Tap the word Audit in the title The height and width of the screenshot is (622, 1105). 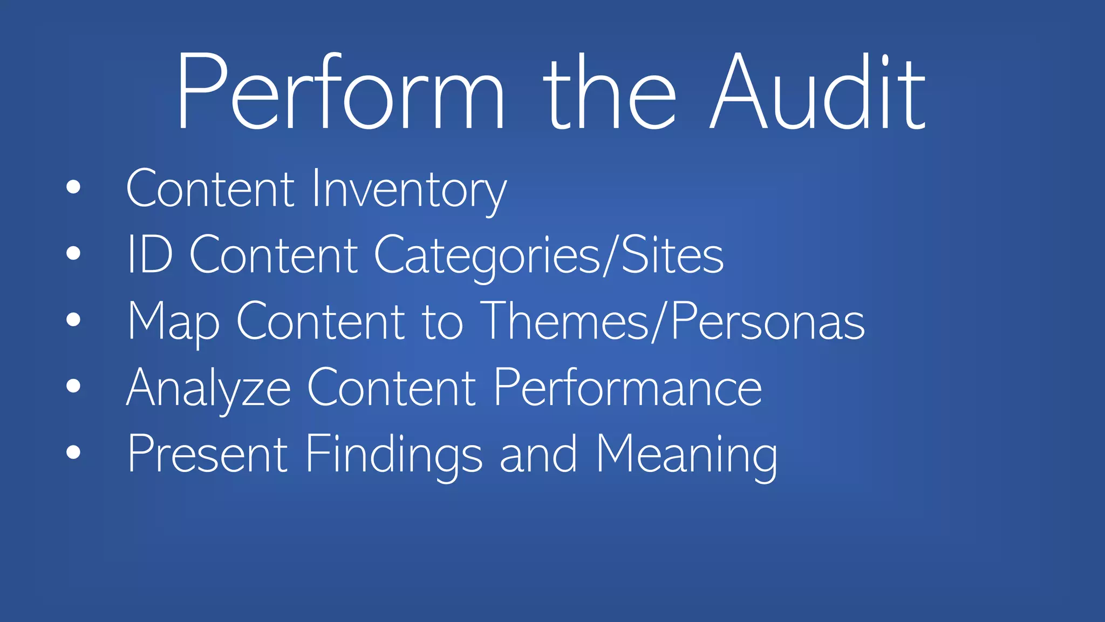pyautogui.click(x=818, y=92)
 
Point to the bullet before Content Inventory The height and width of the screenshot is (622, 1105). pyautogui.click(x=73, y=187)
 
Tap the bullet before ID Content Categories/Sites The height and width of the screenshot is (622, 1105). pyautogui.click(x=73, y=253)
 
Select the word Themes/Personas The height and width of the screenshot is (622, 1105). pyautogui.click(x=672, y=322)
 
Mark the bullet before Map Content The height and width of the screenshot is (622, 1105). pyautogui.click(x=73, y=320)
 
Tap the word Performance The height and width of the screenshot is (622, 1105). pyautogui.click(x=627, y=388)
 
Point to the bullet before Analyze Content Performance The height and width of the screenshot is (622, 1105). pyautogui.click(x=73, y=386)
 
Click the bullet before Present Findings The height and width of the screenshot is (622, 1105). pyautogui.click(x=73, y=452)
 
